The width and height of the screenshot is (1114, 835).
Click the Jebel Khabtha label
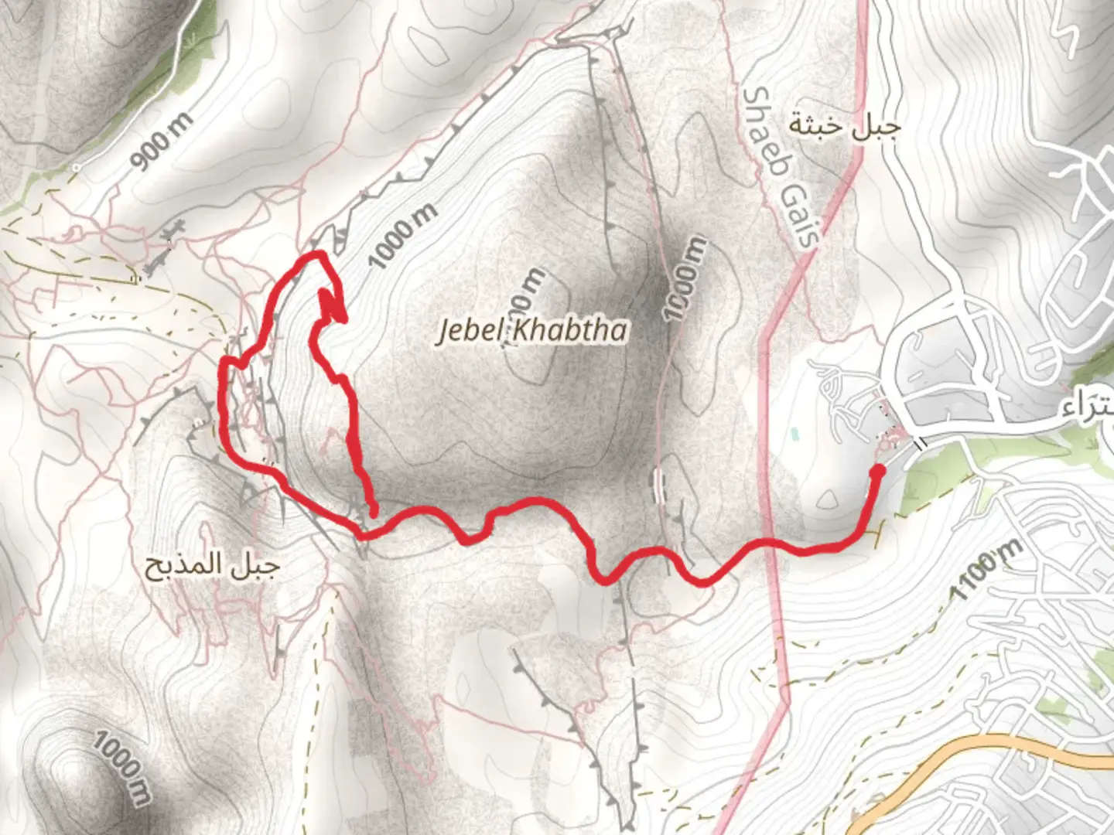tap(532, 330)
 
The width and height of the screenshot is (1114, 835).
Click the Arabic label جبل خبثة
tap(844, 126)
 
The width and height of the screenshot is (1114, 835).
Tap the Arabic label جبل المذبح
tap(211, 567)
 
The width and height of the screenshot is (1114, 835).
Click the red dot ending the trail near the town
tap(877, 470)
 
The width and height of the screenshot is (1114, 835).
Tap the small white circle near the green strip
tap(76, 166)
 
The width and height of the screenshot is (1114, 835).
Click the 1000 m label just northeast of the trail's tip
tap(402, 235)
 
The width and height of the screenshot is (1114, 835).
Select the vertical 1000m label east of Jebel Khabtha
tap(685, 278)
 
